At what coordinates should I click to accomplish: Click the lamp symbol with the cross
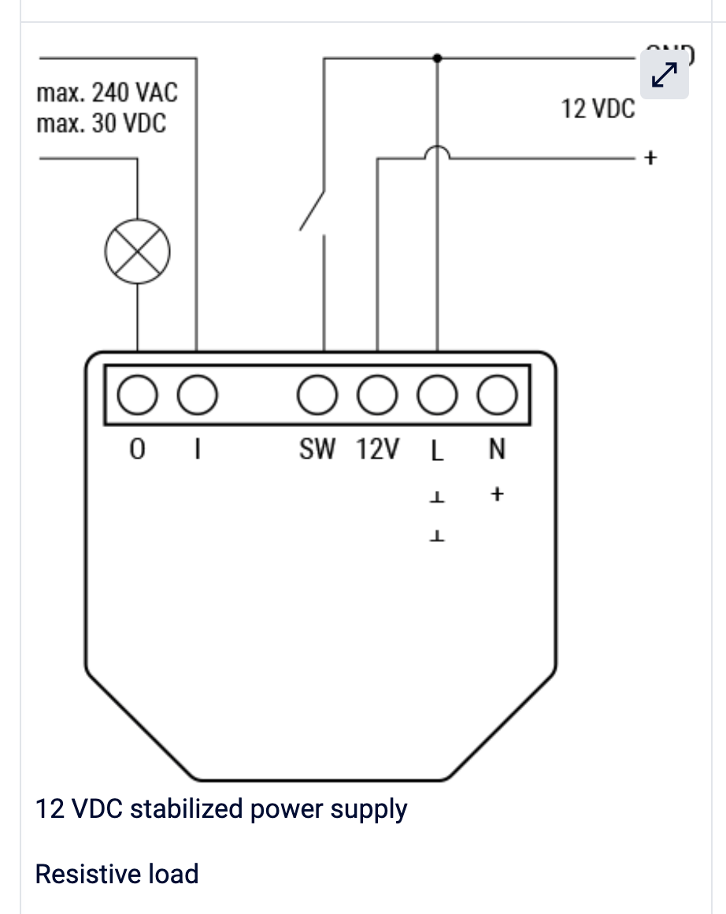tap(139, 251)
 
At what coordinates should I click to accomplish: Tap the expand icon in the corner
tap(665, 75)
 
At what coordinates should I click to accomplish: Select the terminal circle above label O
tap(137, 394)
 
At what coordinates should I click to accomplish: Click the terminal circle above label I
tap(196, 394)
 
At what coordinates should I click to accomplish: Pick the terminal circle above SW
tap(317, 394)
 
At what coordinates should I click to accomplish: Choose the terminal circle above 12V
tap(377, 394)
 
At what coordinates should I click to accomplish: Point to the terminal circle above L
tap(437, 394)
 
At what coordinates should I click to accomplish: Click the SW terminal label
tap(317, 450)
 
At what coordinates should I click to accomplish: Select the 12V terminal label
tap(377, 450)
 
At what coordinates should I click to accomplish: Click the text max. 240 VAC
tap(107, 93)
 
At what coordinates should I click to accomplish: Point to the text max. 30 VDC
tap(102, 124)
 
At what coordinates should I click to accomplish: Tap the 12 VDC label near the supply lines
tap(598, 109)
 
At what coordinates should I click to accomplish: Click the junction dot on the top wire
tap(438, 58)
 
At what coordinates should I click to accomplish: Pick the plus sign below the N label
tap(497, 495)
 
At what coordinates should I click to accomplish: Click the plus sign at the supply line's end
tap(650, 158)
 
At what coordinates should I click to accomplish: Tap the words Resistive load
tap(117, 874)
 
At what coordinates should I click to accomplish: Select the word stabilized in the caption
tap(187, 809)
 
